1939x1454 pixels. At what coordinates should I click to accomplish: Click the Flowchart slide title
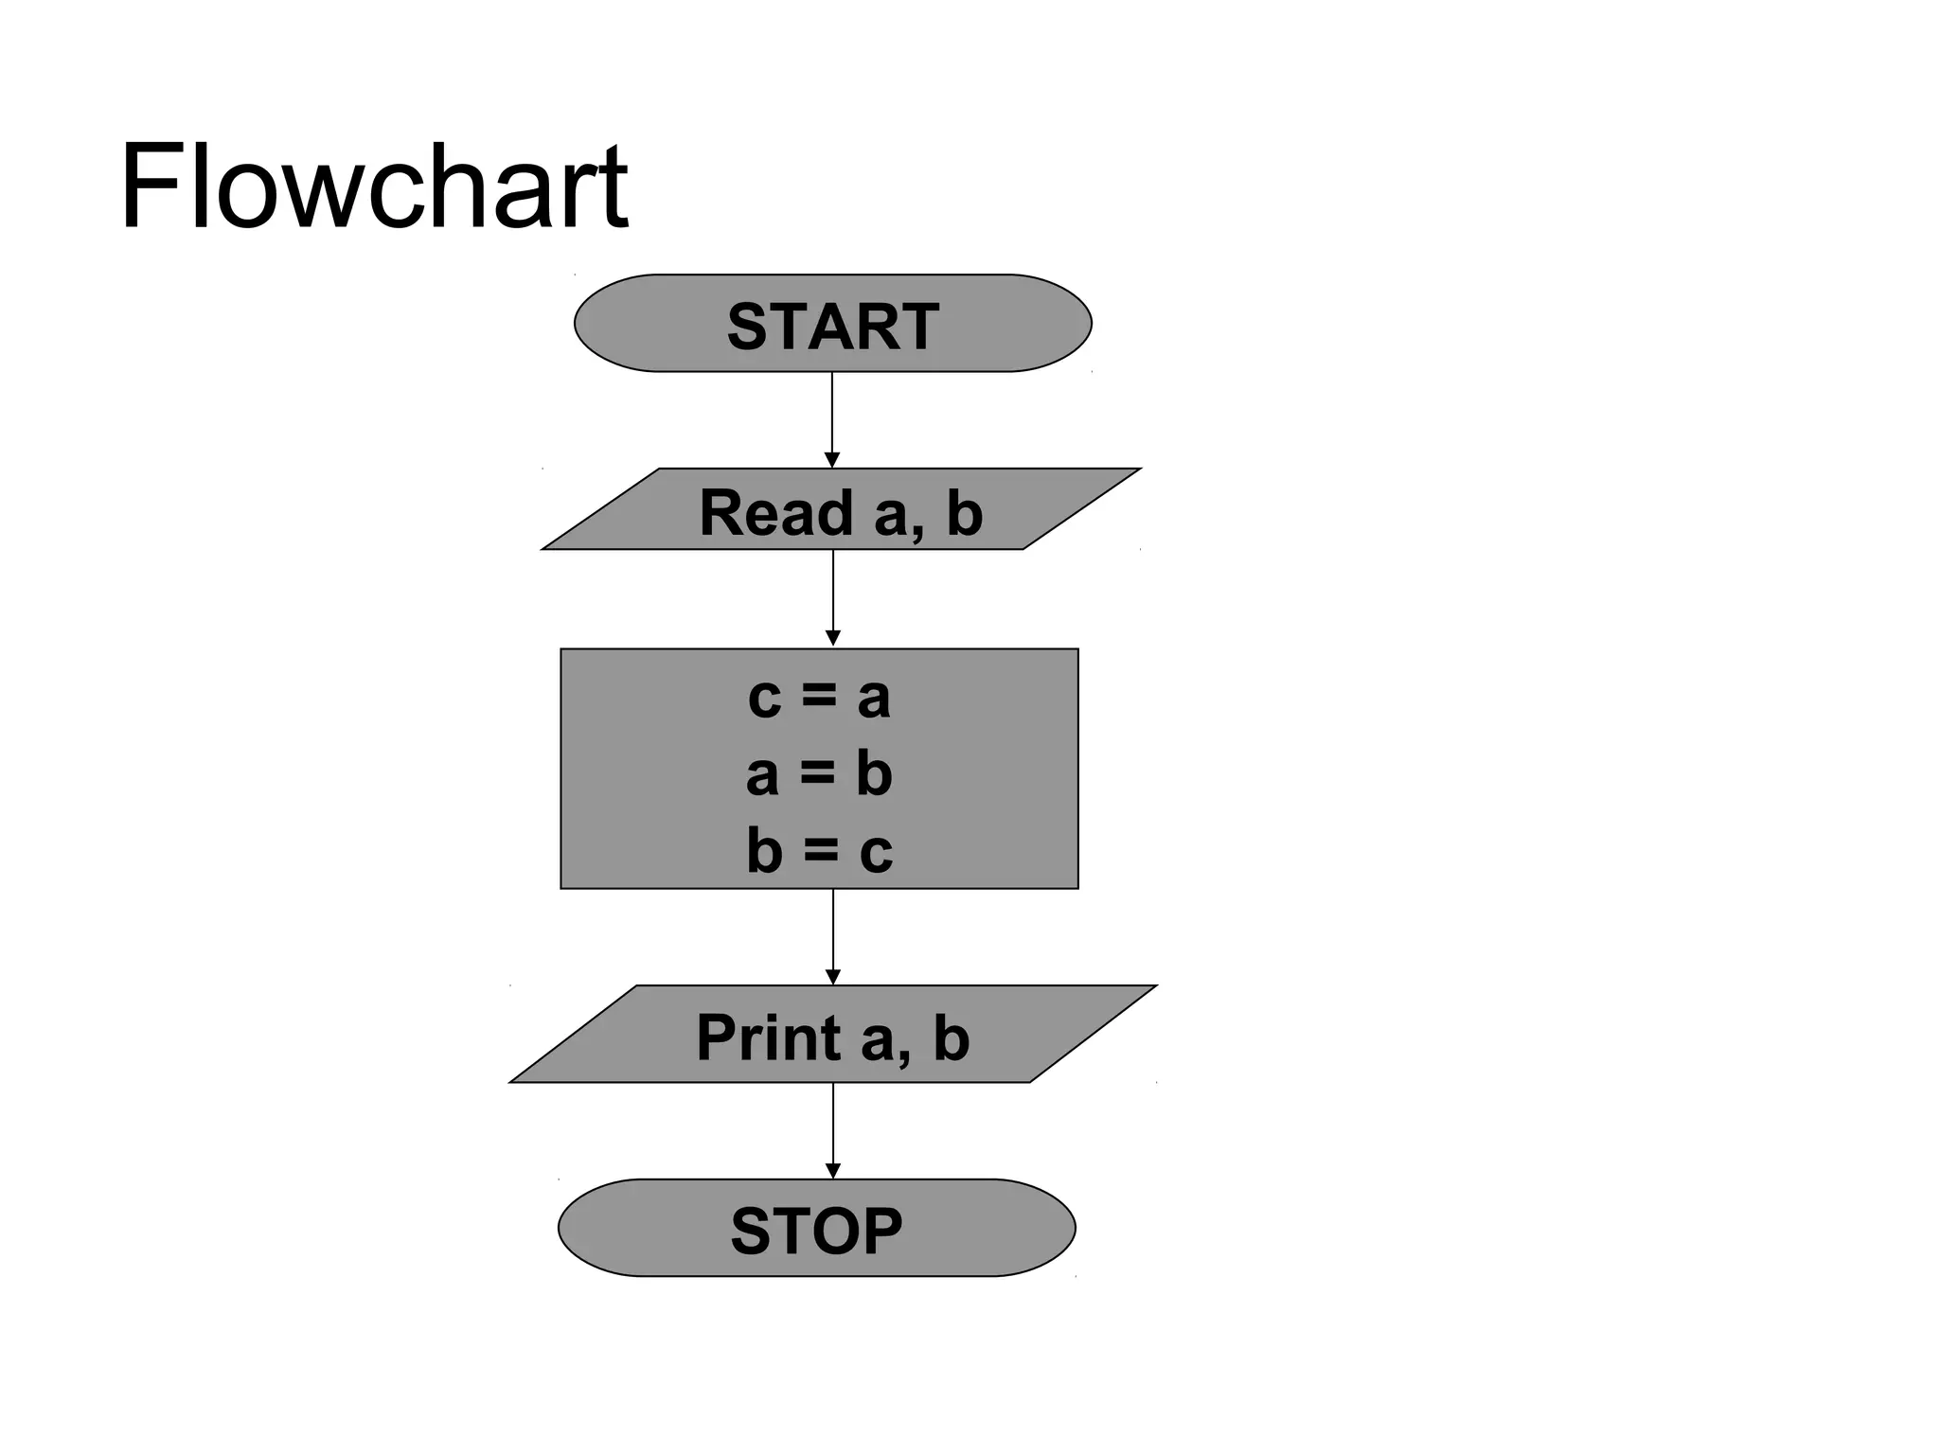(373, 187)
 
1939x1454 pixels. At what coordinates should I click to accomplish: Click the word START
(832, 327)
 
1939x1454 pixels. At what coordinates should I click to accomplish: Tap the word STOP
(816, 1232)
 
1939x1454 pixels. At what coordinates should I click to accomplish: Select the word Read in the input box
(775, 513)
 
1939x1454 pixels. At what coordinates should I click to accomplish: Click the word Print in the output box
(768, 1037)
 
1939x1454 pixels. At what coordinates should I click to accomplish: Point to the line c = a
(819, 698)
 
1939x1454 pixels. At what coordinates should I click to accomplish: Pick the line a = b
(819, 774)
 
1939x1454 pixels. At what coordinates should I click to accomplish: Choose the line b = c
(819, 850)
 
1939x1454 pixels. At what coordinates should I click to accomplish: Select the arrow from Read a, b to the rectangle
(833, 592)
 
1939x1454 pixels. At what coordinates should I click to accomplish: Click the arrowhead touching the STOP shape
(833, 1171)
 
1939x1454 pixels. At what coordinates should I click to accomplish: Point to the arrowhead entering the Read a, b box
(832, 460)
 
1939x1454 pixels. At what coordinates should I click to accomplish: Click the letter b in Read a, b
(965, 513)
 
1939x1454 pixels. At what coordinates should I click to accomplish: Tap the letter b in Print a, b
(952, 1037)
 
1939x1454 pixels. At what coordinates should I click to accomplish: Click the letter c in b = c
(876, 852)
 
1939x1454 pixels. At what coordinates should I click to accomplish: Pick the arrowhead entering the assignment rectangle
(833, 639)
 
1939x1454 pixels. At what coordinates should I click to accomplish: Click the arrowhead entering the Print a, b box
(833, 977)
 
